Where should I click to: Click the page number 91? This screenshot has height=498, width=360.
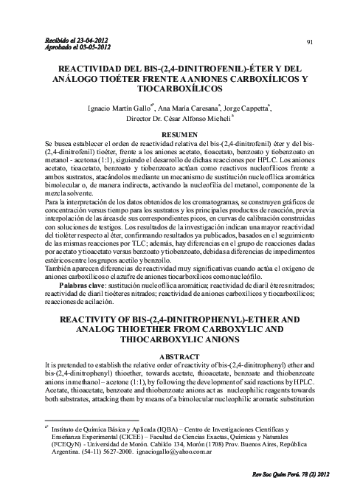pyautogui.click(x=311, y=43)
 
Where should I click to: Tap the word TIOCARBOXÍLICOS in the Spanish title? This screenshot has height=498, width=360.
pyautogui.click(x=179, y=88)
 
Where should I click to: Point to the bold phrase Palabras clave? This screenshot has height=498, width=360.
pyautogui.click(x=77, y=263)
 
